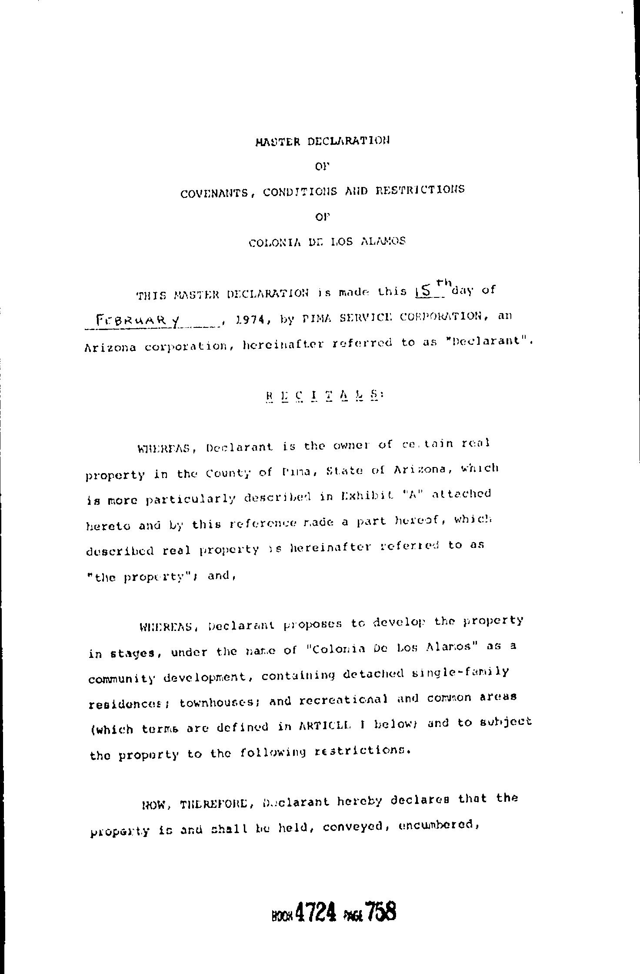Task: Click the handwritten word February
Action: [131, 322]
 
